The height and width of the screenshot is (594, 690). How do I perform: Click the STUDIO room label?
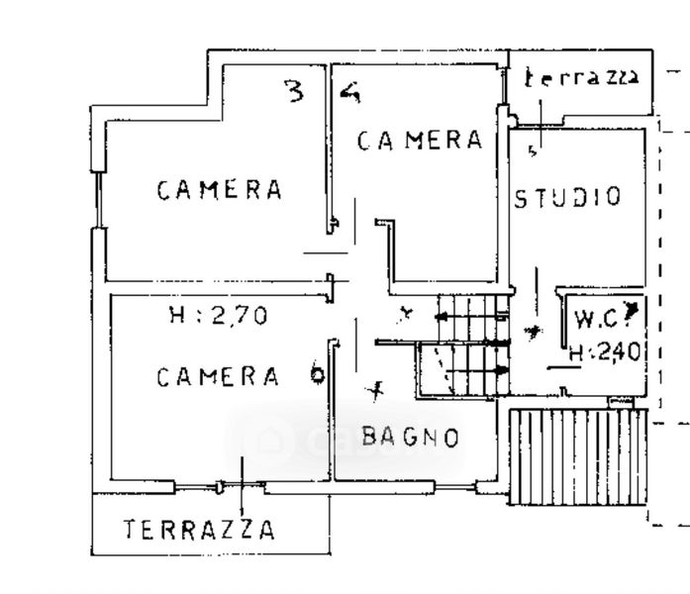(568, 196)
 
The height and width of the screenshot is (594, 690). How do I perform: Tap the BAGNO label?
(410, 436)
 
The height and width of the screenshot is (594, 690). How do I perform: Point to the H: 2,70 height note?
(219, 317)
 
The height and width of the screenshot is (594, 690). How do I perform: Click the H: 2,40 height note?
(606, 349)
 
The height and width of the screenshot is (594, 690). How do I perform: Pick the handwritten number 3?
(294, 92)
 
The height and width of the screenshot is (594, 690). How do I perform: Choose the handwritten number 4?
(349, 93)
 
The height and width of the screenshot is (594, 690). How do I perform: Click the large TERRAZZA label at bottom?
(199, 529)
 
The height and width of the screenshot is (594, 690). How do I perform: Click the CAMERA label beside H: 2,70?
(218, 376)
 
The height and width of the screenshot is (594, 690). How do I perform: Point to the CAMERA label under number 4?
(420, 141)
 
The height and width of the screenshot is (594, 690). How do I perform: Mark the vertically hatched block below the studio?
(559, 454)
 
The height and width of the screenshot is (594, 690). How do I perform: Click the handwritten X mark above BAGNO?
(373, 393)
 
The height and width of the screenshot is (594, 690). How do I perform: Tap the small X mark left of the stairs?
(404, 316)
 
